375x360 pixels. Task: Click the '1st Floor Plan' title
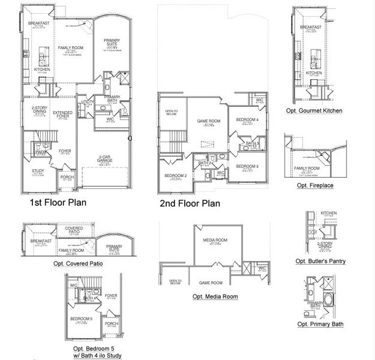tap(58, 203)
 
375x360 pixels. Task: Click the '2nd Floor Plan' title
tap(190, 203)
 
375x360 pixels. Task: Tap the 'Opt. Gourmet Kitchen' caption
tap(314, 110)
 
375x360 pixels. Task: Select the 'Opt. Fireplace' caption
tap(315, 185)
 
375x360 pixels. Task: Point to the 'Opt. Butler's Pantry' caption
tap(320, 261)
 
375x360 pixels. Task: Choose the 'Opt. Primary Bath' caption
tap(320, 324)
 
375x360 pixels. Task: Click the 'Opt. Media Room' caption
tap(215, 296)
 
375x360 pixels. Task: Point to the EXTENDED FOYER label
tap(62, 113)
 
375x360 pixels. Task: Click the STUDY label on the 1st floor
tap(37, 171)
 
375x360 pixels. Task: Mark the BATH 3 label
tap(253, 143)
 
